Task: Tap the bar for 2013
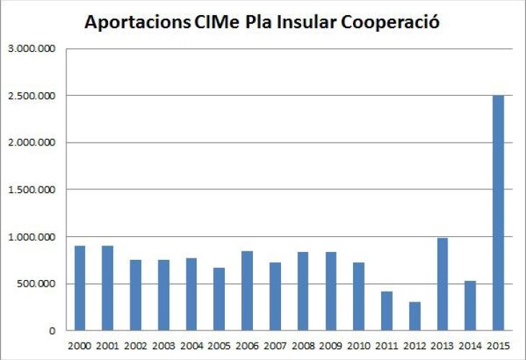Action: [442, 284]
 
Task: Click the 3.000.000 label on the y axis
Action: [31, 49]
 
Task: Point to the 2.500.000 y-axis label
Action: [31, 96]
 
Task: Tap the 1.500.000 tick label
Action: [31, 190]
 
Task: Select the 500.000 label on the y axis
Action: [35, 284]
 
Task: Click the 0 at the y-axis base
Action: [52, 331]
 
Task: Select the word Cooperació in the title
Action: [390, 22]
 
